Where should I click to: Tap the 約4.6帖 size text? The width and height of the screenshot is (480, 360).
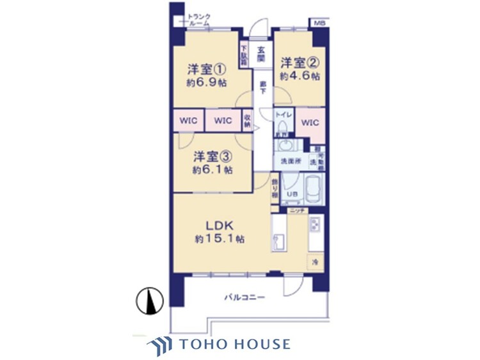click(300, 75)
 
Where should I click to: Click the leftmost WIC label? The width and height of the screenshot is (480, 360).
click(188, 120)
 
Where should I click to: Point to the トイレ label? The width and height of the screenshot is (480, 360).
click(284, 114)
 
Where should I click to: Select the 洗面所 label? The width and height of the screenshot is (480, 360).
click(291, 161)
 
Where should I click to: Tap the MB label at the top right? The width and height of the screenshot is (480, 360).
click(318, 24)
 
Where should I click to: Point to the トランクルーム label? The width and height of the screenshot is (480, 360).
click(203, 19)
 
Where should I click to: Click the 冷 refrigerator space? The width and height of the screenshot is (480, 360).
click(315, 262)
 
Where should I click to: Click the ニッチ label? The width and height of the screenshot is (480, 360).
click(296, 210)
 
